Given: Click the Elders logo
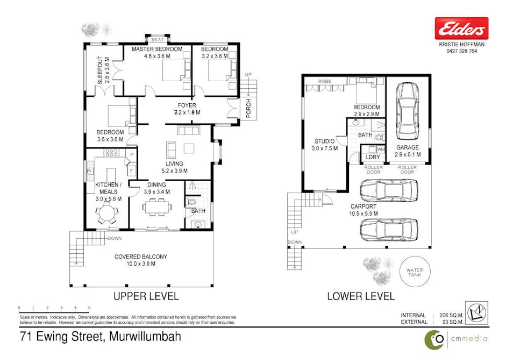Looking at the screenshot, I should click(x=461, y=28).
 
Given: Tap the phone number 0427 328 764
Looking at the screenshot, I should click(x=461, y=52).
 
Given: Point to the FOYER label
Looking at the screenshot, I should click(x=187, y=105).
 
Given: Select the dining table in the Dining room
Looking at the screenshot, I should click(x=158, y=207).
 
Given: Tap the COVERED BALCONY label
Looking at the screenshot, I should click(x=141, y=257).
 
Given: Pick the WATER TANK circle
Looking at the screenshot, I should click(x=415, y=271).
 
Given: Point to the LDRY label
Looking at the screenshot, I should click(x=373, y=157).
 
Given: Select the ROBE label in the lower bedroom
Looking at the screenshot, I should click(x=324, y=81).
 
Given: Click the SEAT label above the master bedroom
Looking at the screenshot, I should click(x=157, y=39).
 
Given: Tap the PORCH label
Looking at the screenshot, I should click(x=249, y=109).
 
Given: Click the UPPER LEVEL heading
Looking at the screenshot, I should click(x=145, y=296).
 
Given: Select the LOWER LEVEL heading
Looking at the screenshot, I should click(x=361, y=296).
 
